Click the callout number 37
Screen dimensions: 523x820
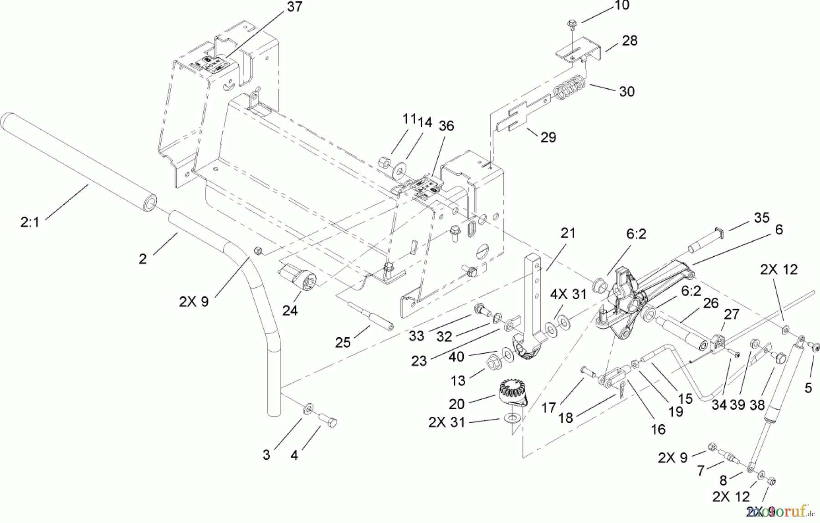(x=295, y=7)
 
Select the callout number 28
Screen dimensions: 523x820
(x=630, y=41)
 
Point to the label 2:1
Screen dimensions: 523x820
(x=30, y=222)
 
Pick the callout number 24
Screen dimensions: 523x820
(x=290, y=310)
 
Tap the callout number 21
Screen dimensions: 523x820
(x=568, y=233)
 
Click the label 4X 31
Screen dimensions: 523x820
(x=568, y=295)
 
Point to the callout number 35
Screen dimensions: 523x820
(x=761, y=218)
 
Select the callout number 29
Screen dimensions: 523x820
(x=548, y=137)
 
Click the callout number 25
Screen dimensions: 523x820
(x=343, y=342)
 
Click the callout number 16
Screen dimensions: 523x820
(x=658, y=429)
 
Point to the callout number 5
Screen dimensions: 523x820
(x=808, y=388)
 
